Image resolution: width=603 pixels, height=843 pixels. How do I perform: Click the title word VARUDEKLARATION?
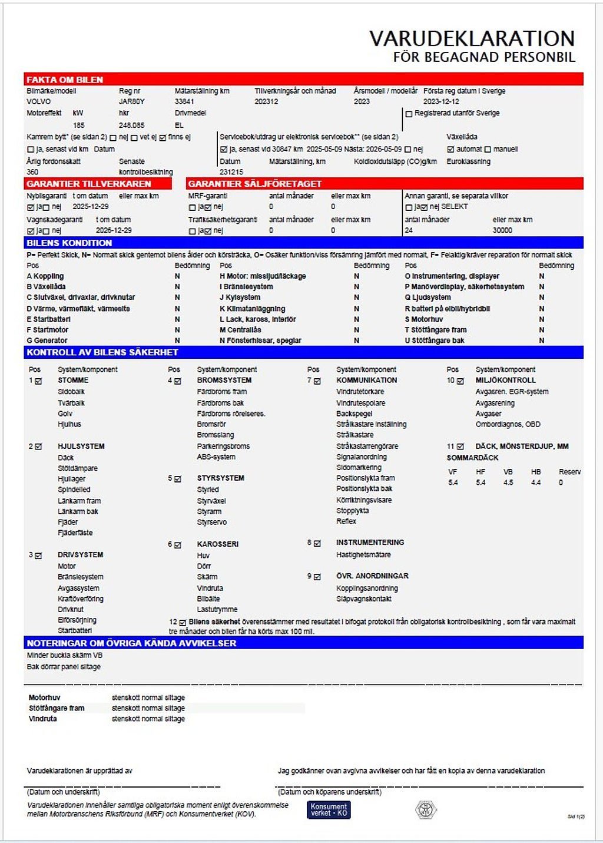pos(472,39)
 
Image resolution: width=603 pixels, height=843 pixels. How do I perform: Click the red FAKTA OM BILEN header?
pos(65,80)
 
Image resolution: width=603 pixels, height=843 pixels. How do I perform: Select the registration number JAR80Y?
pos(132,101)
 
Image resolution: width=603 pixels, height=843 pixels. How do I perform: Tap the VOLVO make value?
pos(39,101)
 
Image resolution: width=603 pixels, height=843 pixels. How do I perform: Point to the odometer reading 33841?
pos(184,101)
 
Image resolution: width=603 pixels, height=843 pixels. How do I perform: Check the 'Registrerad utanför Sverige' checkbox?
pos(409,114)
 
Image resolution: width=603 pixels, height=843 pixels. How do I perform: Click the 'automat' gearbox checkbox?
pos(450,150)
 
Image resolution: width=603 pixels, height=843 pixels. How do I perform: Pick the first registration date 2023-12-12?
pos(441,101)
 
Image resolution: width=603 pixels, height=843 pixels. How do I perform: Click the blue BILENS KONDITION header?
pos(69,243)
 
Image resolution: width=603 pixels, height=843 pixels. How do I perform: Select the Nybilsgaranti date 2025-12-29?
pos(91,207)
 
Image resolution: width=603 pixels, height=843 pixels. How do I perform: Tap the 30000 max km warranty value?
pos(502,230)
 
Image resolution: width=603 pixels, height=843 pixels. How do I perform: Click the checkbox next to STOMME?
pos(39,381)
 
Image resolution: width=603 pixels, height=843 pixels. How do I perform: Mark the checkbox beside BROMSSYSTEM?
pos(178,381)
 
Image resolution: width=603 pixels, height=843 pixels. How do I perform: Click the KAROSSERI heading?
pos(218,544)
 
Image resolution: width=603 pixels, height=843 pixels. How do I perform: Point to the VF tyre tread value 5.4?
pos(453,482)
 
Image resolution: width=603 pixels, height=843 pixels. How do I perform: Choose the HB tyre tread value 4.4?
pos(535,482)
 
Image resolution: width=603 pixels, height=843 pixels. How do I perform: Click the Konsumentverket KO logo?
pos(329,809)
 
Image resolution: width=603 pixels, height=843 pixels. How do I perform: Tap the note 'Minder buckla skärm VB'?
pos(65,655)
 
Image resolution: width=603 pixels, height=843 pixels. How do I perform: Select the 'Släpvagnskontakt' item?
pos(364,599)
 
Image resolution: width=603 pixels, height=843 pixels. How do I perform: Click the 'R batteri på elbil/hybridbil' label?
pos(448,309)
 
